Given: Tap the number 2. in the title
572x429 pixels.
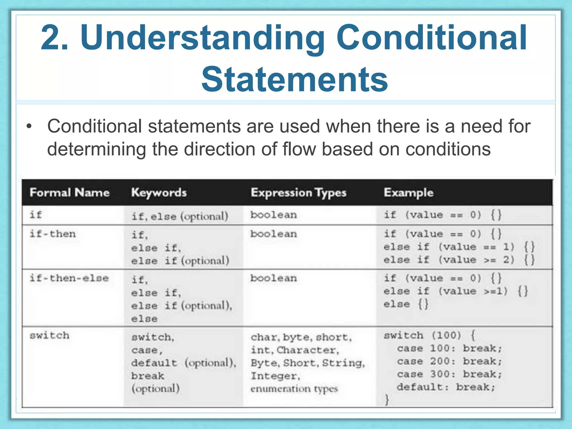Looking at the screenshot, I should point(54,38).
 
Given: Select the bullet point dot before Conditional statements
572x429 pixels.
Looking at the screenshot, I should point(29,127).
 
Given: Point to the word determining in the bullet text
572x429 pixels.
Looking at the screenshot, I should point(96,149).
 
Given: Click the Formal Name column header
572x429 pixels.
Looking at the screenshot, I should point(69,192).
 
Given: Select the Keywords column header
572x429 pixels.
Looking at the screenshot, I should point(159,193).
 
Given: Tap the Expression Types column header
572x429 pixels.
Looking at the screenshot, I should point(298,193).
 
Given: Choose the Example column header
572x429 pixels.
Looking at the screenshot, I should point(408,192).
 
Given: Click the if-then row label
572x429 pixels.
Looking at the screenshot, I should point(53,234).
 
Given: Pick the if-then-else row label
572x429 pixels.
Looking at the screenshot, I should point(69,278).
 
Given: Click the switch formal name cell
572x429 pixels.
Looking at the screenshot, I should point(49,335).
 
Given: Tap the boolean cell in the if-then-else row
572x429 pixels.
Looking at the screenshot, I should point(273,278).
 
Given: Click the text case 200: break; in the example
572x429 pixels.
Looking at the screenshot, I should point(449,361).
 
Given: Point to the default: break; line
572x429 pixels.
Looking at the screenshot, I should point(446,387).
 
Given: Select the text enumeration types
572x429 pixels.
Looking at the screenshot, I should point(294,389).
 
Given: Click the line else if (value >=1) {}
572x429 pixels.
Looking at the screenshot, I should point(455,291).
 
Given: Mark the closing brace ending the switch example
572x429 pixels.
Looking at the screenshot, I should point(387,400).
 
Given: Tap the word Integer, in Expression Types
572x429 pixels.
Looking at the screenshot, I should point(275,376).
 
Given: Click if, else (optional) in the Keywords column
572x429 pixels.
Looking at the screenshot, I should point(180,216).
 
